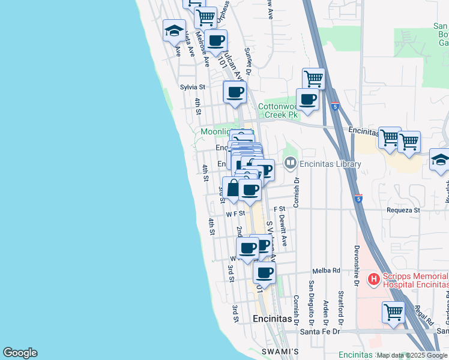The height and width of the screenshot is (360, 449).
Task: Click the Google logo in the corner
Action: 20,353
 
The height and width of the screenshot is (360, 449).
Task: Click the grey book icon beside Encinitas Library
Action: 291,163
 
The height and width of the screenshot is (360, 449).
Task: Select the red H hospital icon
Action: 373,279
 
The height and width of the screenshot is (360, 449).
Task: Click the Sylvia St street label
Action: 192,87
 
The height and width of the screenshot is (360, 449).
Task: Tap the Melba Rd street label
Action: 327,271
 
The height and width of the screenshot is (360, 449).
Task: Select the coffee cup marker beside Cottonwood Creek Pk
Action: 308,100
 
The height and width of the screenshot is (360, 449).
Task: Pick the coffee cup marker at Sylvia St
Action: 235,92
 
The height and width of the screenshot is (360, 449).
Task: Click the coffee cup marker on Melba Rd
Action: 264,272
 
